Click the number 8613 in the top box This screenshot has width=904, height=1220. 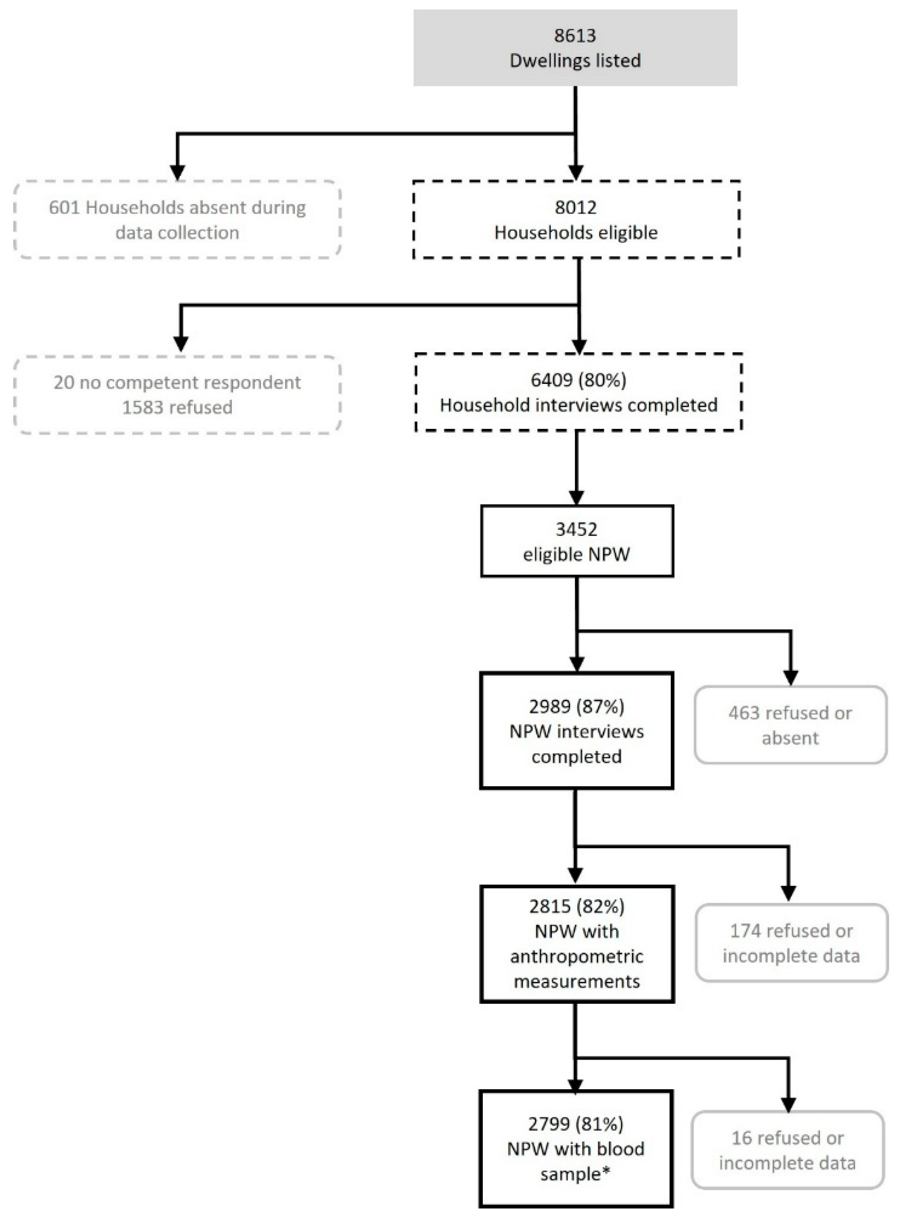[x=575, y=36]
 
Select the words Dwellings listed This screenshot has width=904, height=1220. [x=575, y=60]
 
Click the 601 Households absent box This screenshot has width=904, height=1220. [x=177, y=220]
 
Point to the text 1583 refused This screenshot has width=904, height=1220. [x=177, y=407]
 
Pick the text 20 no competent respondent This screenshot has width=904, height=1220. [x=177, y=382]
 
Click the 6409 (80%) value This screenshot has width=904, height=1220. [x=578, y=380]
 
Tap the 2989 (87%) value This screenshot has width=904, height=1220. [x=576, y=706]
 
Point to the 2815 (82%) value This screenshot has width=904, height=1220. [x=576, y=907]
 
